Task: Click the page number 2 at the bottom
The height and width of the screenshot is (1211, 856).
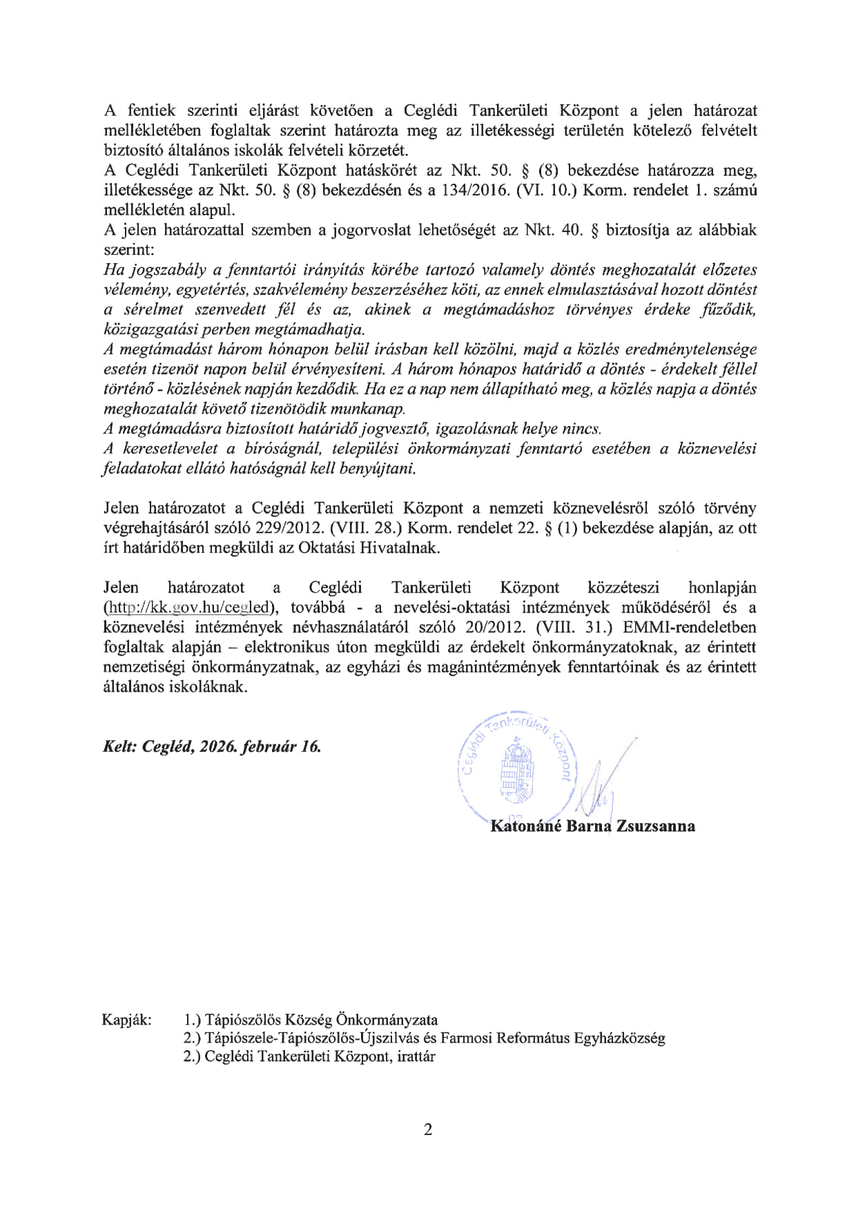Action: point(428,1130)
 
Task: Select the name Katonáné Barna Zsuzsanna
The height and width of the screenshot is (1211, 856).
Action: point(592,826)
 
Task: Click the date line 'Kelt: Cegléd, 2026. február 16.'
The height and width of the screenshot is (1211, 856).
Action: point(212,746)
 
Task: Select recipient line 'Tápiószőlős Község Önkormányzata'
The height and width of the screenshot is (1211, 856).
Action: point(321,1020)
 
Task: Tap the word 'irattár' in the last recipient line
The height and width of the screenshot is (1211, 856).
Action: point(416,1056)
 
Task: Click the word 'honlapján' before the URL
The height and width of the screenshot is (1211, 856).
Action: point(722,588)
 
